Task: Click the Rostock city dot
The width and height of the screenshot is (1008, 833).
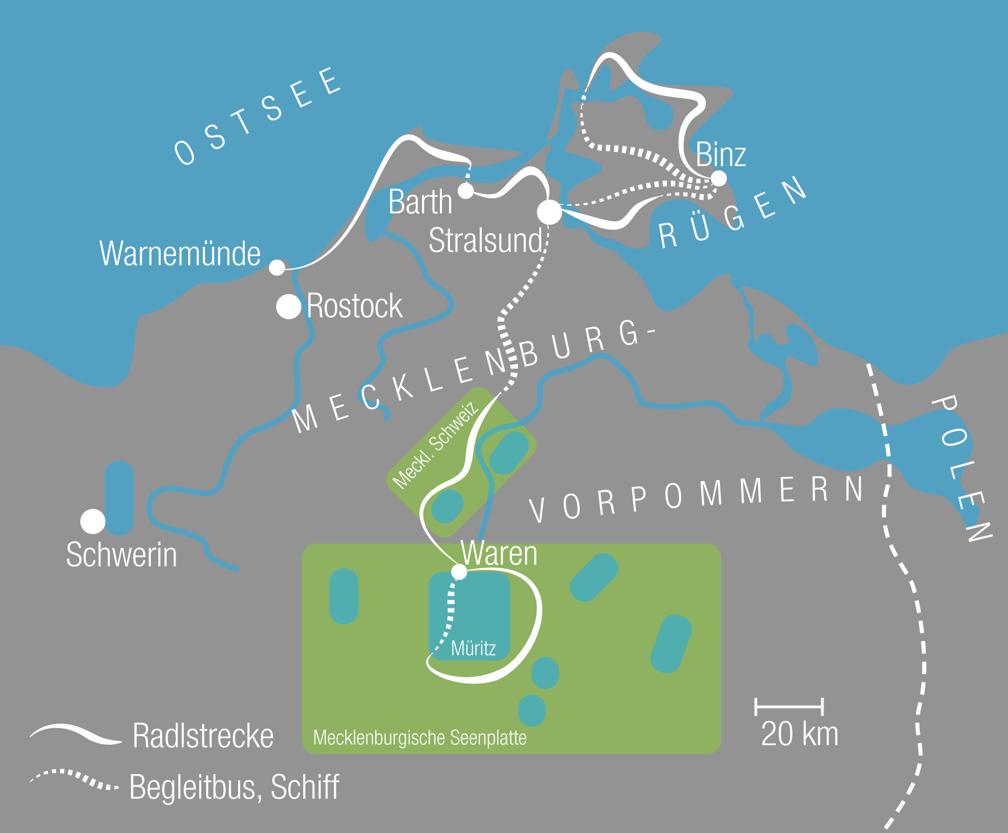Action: (x=289, y=307)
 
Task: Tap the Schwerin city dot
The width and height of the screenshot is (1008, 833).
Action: (x=93, y=521)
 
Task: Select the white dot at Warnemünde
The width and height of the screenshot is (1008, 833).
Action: (x=277, y=268)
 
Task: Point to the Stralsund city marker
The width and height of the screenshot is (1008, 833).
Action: (x=550, y=212)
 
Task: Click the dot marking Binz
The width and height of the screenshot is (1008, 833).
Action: (x=718, y=178)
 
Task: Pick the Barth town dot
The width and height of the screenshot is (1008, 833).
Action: (x=466, y=190)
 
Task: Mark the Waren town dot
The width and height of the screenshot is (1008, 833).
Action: (x=459, y=572)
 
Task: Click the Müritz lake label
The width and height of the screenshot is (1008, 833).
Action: (x=473, y=648)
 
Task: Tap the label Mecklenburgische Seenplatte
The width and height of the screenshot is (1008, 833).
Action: (x=419, y=738)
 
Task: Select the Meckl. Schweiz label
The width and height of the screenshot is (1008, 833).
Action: (x=435, y=445)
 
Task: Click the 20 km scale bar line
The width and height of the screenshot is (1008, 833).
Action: (x=789, y=707)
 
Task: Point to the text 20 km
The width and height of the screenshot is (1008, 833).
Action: (x=799, y=734)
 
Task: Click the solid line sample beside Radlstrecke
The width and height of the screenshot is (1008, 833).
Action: (x=76, y=734)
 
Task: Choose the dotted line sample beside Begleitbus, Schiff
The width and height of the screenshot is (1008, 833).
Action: (x=74, y=779)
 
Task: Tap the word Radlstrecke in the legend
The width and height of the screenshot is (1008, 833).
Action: (x=203, y=736)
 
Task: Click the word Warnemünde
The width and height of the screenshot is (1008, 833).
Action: (x=180, y=253)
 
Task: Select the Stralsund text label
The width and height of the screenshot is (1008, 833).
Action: (x=485, y=241)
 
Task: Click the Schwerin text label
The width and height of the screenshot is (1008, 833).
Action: (x=121, y=555)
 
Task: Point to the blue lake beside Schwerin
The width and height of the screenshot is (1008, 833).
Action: (x=119, y=497)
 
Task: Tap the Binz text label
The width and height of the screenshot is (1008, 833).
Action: (x=721, y=155)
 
